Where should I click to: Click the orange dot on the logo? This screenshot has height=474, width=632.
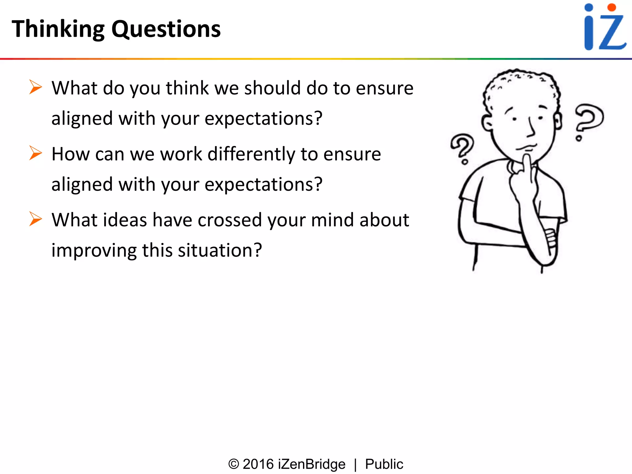point(611,8)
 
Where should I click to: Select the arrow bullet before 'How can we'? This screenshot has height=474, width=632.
point(35,153)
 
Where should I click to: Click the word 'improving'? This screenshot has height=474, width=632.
point(94,250)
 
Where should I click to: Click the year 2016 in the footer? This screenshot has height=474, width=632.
point(258,464)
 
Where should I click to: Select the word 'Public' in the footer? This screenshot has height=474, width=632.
point(384,464)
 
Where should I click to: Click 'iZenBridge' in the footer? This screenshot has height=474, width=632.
point(312,464)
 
